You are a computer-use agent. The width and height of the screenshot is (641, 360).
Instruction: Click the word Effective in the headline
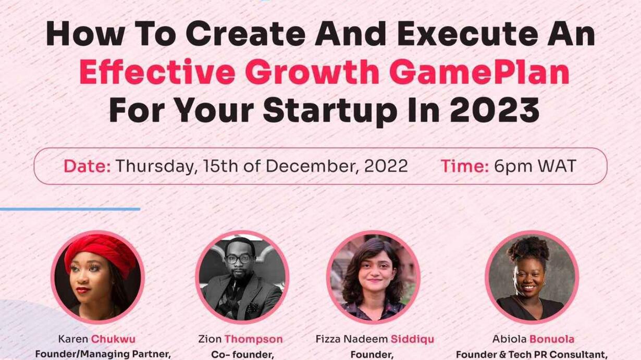(157, 71)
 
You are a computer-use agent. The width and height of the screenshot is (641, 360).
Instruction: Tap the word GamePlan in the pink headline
(479, 71)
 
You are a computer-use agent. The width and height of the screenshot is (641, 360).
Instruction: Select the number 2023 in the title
(495, 110)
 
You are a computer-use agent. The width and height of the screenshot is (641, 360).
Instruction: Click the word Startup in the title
(330, 112)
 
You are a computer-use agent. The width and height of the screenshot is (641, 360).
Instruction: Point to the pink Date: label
(87, 166)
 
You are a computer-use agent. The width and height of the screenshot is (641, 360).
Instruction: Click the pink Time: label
(465, 166)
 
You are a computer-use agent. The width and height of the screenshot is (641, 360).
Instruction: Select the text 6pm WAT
(535, 167)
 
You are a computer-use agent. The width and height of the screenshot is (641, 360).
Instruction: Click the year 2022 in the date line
(386, 166)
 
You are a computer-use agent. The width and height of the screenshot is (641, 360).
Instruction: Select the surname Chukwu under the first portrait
(113, 339)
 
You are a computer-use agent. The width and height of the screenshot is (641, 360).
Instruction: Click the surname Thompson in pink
(254, 339)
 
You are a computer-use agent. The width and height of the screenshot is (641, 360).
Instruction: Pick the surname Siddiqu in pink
(412, 339)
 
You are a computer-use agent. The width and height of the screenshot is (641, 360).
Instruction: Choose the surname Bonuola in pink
(552, 339)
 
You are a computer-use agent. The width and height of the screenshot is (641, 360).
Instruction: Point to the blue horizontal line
(70, 209)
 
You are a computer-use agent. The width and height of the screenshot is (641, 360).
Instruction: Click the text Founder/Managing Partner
(103, 354)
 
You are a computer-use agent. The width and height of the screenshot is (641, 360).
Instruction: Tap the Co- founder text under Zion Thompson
(243, 355)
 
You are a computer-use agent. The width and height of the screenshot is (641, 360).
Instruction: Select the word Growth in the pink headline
(312, 71)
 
